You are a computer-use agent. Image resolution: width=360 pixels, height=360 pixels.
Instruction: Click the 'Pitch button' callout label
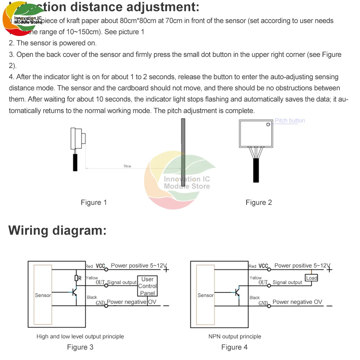click(289, 121)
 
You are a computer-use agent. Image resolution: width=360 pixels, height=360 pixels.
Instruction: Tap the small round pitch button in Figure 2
click(268, 125)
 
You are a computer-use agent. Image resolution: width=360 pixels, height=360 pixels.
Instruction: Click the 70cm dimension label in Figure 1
click(127, 166)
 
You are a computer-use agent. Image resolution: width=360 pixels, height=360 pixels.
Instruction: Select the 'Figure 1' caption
click(94, 202)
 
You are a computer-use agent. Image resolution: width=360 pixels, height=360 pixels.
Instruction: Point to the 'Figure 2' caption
click(258, 202)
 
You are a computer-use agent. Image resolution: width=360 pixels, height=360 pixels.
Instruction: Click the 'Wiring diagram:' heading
click(58, 230)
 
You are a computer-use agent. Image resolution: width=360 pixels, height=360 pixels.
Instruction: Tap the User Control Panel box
click(148, 286)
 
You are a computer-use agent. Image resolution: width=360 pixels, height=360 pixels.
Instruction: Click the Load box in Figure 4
click(311, 278)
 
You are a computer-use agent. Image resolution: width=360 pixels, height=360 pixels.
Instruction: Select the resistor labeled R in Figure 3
click(76, 278)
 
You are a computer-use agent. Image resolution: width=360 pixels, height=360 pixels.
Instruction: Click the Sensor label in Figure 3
click(43, 295)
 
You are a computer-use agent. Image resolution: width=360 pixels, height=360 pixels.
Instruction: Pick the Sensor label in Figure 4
click(206, 295)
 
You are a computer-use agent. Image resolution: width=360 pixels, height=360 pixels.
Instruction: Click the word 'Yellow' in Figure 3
click(92, 278)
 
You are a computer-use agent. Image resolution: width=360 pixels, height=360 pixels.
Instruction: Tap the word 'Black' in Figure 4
click(255, 298)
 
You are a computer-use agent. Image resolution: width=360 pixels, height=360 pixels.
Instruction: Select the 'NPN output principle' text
click(235, 337)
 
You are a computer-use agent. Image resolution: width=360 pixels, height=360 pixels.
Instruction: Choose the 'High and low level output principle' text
click(80, 337)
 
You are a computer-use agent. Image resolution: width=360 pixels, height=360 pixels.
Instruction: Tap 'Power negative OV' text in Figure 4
click(297, 302)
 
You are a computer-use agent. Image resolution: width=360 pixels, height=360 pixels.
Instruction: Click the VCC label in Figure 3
click(100, 266)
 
